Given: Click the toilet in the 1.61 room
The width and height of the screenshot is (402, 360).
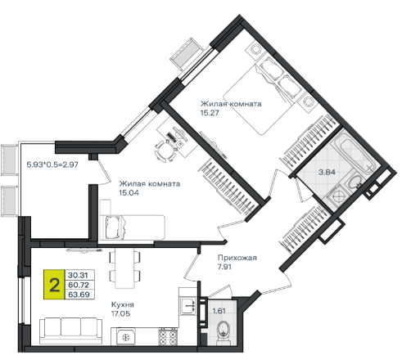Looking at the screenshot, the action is [224, 331].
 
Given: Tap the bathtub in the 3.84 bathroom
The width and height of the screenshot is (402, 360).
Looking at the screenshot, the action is [355, 154].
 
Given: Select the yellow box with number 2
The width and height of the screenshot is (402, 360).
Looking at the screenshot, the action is [54, 285].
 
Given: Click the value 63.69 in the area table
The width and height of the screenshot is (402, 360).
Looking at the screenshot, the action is [79, 295].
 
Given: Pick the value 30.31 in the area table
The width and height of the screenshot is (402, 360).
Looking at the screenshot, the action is [78, 275].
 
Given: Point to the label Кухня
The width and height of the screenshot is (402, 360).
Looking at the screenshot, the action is [123, 304].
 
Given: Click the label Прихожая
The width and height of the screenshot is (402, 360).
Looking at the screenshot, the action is [237, 258].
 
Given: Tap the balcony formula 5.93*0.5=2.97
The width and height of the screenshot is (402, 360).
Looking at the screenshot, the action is [52, 164].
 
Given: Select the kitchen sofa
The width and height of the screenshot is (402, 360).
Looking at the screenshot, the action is [70, 331].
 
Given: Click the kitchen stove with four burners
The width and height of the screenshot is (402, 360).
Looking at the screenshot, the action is [168, 337].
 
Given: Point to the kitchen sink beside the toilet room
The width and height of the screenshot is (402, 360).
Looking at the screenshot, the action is [187, 306].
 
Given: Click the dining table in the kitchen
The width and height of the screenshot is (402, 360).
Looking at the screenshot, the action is [124, 268].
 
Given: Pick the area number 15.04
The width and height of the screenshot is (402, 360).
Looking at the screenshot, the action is [129, 192].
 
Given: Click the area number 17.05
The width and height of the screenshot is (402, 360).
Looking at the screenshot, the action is [120, 313].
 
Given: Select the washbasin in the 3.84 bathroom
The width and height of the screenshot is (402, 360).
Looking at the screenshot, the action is [355, 182].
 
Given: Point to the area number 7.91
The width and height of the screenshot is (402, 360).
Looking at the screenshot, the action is [224, 267].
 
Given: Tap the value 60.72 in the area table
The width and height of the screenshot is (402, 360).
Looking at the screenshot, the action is [79, 285].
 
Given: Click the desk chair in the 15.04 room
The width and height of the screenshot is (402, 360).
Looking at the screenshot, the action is [165, 151].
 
